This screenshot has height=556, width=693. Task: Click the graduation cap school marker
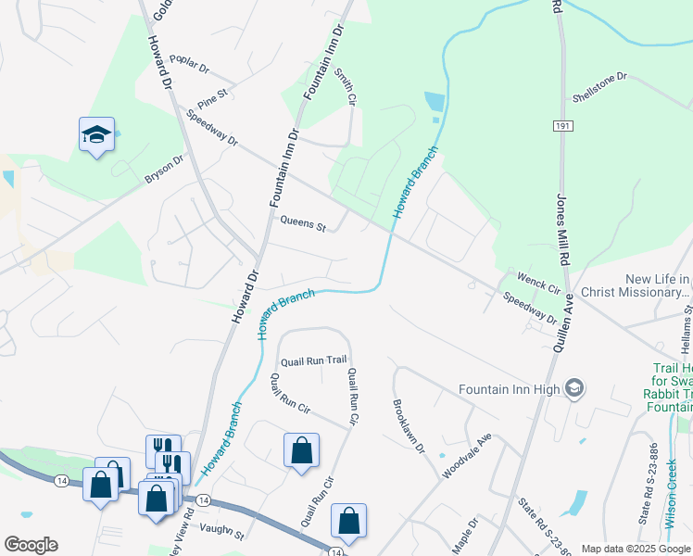coord(96,135)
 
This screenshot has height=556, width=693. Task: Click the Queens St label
coord(303,226)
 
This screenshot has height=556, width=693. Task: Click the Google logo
coord(31,545)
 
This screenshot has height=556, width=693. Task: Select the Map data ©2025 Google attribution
coord(635,549)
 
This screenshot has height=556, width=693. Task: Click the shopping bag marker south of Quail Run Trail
coord(301,451)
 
